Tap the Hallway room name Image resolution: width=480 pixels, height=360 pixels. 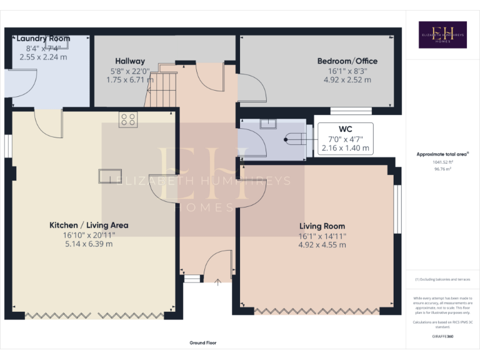[x=129, y=61]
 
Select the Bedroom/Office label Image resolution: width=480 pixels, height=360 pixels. [x=347, y=61]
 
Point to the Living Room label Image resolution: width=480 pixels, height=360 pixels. [x=322, y=226]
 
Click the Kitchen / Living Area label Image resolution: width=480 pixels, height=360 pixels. [x=89, y=225]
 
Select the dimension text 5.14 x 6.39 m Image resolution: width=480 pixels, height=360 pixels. [x=89, y=244]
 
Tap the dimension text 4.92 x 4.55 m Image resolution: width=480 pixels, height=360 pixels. [x=322, y=245]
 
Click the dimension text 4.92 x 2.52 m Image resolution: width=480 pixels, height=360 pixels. [x=347, y=80]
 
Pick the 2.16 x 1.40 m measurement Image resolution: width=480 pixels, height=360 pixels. [x=346, y=149]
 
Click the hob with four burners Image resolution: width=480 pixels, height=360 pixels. [x=128, y=119]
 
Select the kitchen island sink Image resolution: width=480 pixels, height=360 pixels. [x=107, y=176]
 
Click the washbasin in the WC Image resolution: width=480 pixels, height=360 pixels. [x=269, y=124]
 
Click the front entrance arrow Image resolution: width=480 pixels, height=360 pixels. [x=217, y=282]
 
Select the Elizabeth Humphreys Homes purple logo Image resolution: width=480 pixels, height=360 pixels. [x=442, y=35]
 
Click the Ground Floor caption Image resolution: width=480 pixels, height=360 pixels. [x=203, y=342]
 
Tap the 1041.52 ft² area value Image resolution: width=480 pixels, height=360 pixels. [x=442, y=161]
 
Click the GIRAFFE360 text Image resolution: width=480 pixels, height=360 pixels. [x=442, y=336]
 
